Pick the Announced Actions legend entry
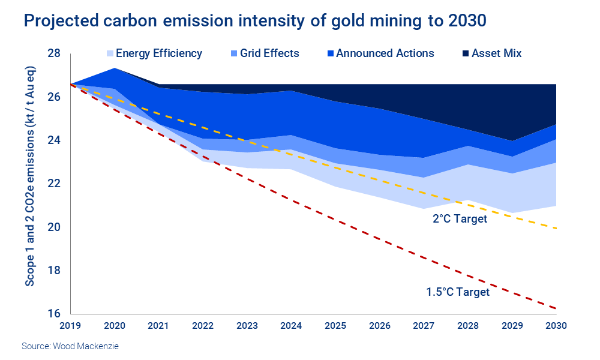(385, 53)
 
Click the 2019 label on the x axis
(71, 326)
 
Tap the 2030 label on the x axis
(557, 326)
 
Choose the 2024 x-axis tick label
(292, 326)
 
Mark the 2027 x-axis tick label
(425, 326)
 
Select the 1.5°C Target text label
(458, 292)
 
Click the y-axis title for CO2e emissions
(30, 183)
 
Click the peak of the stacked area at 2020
(115, 68)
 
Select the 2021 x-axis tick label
(159, 326)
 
